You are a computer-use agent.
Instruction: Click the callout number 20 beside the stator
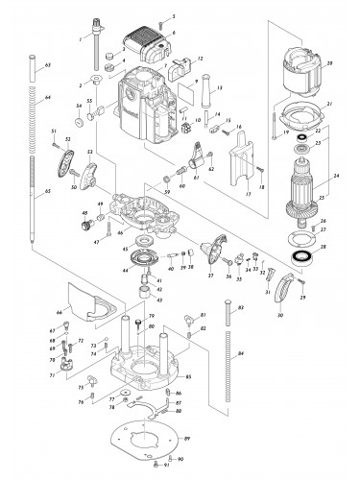(329, 64)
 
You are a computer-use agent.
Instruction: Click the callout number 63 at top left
(47, 64)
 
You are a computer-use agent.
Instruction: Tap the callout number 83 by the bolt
(239, 306)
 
